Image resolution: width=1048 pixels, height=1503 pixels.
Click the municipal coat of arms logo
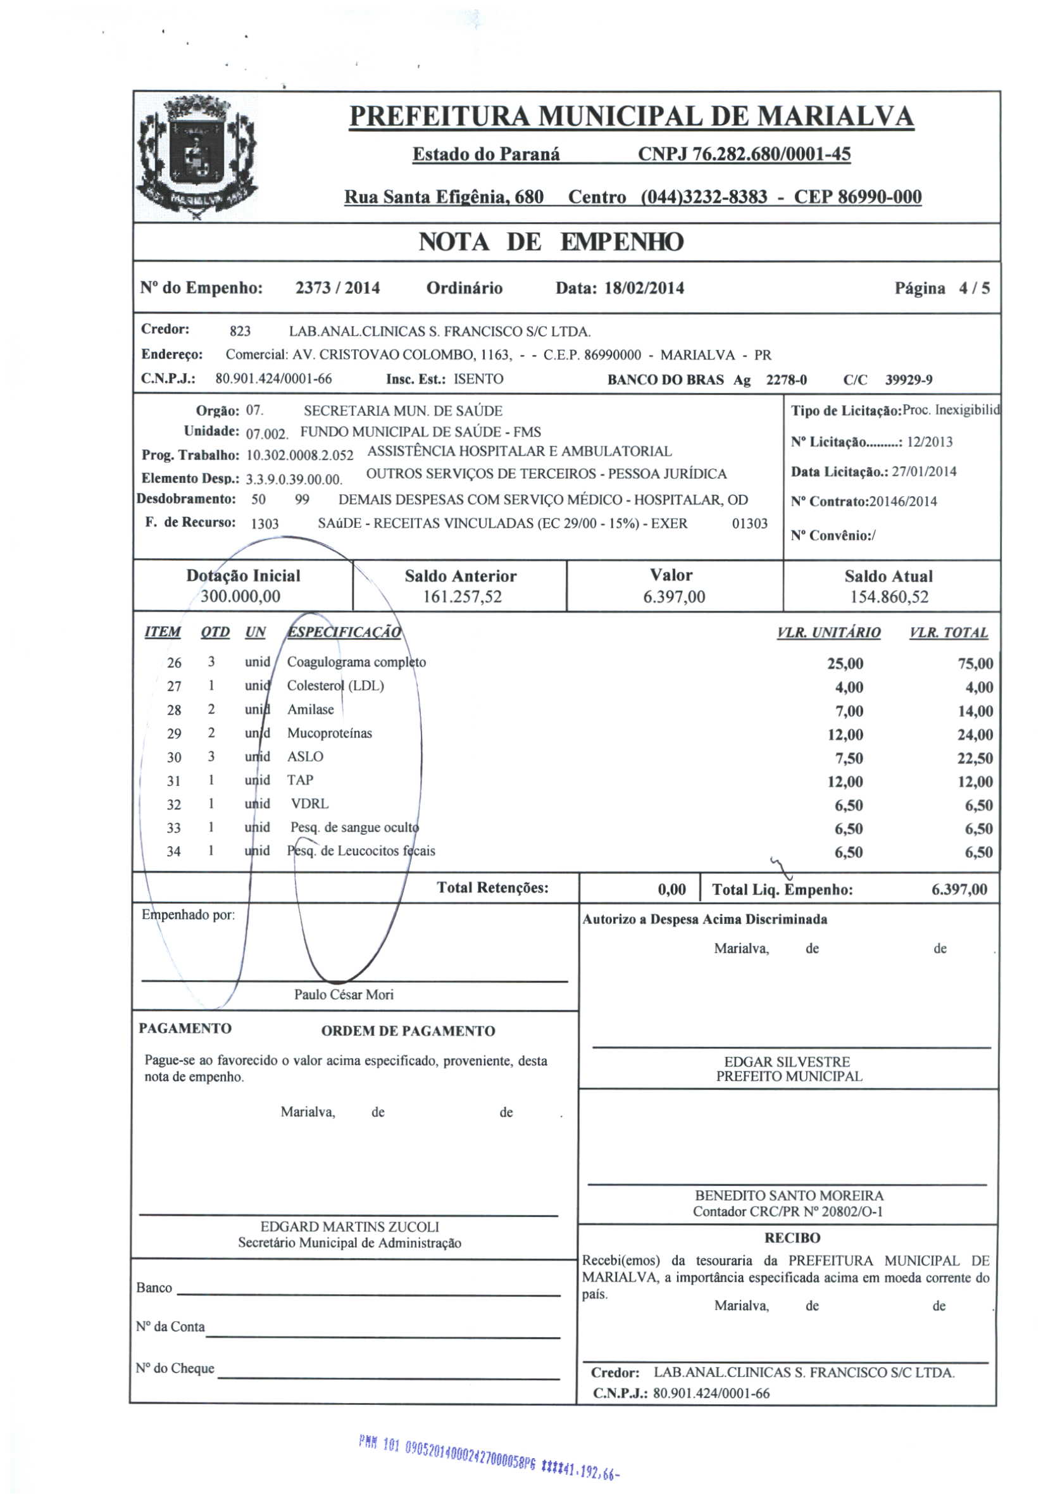point(196,156)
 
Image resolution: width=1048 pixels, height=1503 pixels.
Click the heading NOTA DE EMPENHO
point(551,242)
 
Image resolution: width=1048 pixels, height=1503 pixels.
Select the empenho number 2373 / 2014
point(337,288)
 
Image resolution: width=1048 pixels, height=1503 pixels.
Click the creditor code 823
point(240,331)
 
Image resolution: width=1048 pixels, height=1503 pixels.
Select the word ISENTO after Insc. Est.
point(478,379)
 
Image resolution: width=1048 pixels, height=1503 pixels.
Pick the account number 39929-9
point(908,380)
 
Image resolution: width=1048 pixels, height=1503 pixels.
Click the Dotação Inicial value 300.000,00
point(240,596)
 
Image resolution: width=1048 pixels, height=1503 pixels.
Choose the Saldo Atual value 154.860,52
point(889,596)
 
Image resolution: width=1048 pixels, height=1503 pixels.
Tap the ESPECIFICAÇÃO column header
point(344,632)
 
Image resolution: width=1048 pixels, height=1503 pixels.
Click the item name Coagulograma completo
point(356,662)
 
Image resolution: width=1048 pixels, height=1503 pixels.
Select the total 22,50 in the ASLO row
point(975,758)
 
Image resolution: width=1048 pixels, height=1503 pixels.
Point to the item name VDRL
point(309,804)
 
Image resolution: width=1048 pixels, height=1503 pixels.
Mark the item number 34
point(173,852)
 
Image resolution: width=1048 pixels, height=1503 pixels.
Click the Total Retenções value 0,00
point(671,890)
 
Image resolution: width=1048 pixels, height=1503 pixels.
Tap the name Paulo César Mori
point(344,994)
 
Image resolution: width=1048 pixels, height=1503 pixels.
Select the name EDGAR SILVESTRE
point(787,1061)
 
